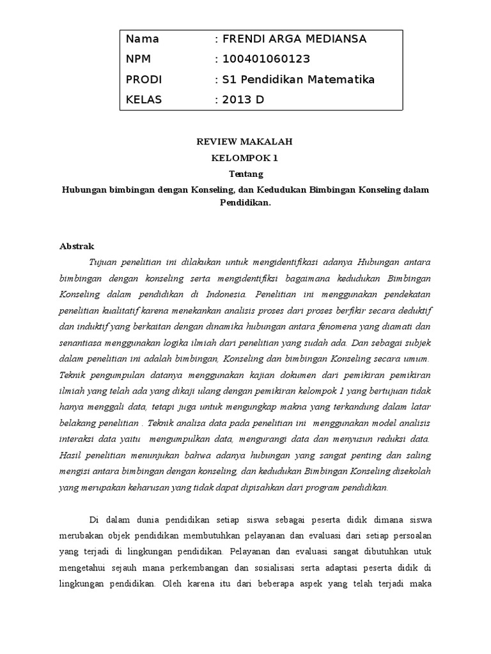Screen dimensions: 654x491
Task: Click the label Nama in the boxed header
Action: (x=143, y=39)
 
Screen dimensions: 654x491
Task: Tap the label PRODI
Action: (x=144, y=80)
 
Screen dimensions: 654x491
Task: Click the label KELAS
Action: (x=144, y=100)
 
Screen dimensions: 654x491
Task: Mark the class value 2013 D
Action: (x=242, y=100)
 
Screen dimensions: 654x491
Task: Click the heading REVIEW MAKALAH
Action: (x=245, y=141)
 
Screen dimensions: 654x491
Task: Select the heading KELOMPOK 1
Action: (x=245, y=157)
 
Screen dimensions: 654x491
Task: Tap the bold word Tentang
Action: (x=245, y=174)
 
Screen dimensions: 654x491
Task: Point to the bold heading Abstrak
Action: (x=77, y=246)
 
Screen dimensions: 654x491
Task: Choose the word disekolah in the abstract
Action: (x=410, y=472)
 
